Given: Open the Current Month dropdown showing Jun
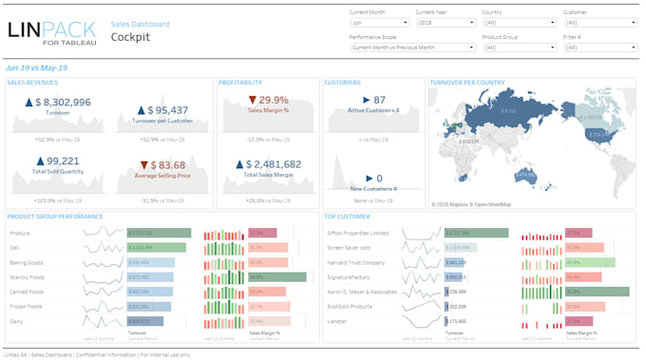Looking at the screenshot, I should point(379,21).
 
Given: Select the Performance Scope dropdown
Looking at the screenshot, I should point(411,47).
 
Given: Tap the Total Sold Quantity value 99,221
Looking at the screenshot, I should point(57,161).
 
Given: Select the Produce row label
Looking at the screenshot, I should point(20,233).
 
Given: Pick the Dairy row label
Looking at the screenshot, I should point(17,321).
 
